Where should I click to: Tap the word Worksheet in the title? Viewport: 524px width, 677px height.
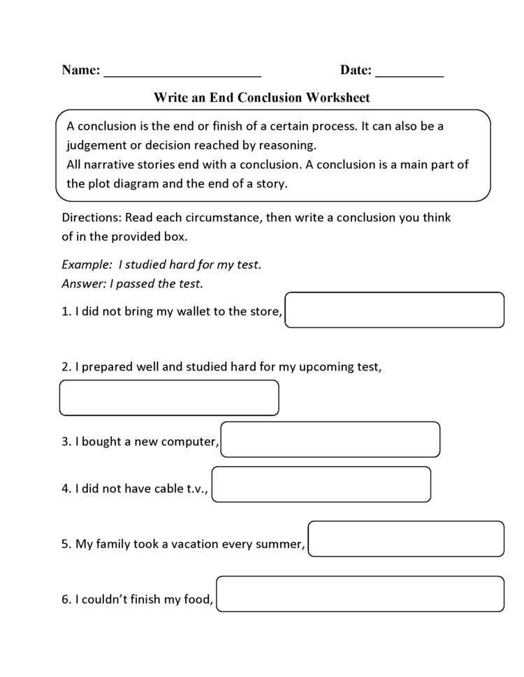(337, 98)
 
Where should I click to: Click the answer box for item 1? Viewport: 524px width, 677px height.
(394, 310)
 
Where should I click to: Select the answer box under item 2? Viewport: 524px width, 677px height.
(169, 398)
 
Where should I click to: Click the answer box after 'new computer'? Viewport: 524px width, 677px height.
(330, 440)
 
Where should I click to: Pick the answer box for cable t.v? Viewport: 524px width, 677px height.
(321, 484)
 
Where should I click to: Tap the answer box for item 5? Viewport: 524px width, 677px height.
(406, 539)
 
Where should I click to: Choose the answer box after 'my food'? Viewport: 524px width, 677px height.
(360, 594)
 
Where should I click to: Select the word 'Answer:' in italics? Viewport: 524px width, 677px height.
(83, 283)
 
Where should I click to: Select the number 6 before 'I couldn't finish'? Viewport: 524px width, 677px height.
(65, 598)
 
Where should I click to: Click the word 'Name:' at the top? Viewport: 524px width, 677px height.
(81, 70)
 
